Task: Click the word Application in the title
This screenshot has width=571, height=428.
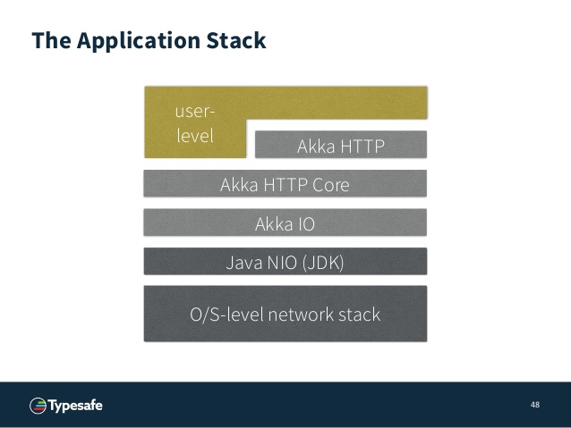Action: (x=139, y=41)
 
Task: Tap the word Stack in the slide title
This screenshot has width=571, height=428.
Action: (x=236, y=40)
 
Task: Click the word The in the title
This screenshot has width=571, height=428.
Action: (x=51, y=40)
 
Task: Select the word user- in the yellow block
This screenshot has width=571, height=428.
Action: (x=195, y=111)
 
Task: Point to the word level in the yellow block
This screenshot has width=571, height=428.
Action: (x=195, y=136)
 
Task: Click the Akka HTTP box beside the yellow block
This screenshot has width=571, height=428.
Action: (x=341, y=145)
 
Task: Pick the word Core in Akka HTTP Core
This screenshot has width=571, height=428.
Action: (x=331, y=185)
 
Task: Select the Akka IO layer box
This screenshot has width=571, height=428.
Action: (x=285, y=222)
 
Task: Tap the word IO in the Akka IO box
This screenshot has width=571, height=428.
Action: (x=306, y=224)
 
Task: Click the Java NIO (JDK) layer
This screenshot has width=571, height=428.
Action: (x=285, y=261)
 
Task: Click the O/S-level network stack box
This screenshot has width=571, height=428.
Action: (x=285, y=314)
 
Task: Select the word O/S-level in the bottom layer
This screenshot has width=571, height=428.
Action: (x=226, y=315)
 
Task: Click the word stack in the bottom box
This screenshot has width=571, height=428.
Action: (x=360, y=315)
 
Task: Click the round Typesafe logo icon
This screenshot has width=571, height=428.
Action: (x=38, y=406)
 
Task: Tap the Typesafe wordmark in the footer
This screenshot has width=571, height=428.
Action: (x=75, y=406)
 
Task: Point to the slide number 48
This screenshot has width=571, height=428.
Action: (x=535, y=405)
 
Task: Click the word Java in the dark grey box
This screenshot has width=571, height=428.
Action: (x=244, y=263)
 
